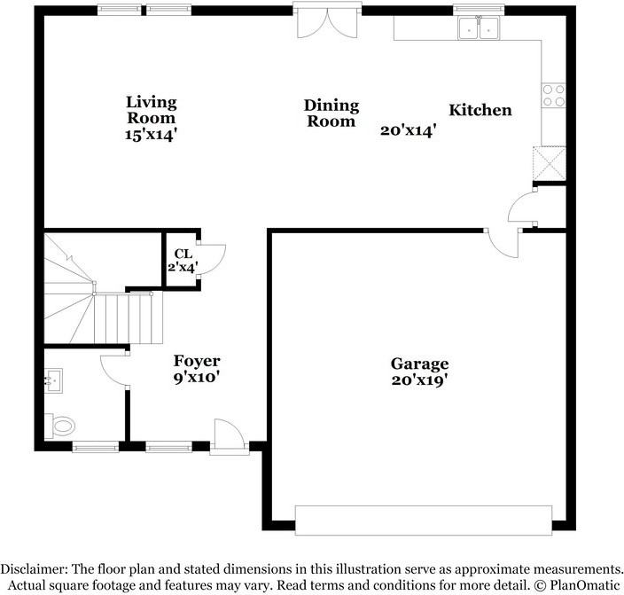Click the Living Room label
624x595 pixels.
(151, 109)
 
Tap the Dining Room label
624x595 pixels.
(332, 114)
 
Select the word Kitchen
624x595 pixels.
(480, 110)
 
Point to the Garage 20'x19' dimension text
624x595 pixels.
(420, 380)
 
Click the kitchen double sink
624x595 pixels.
(479, 29)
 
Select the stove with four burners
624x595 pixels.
(554, 95)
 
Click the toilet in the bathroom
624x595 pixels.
(61, 426)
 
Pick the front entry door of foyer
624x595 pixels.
(227, 437)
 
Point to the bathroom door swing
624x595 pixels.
(115, 367)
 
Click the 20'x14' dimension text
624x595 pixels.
(409, 129)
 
